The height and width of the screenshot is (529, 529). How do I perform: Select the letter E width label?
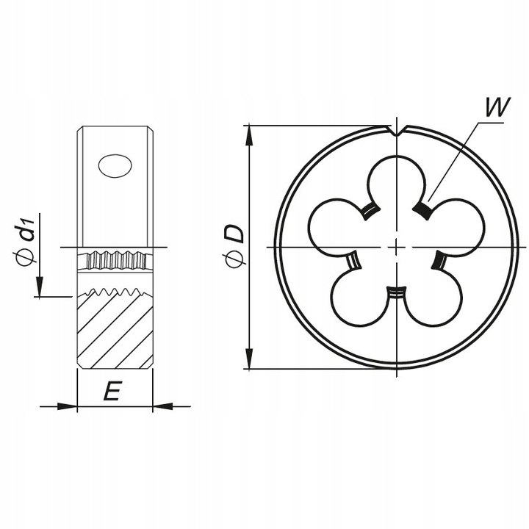click(111, 392)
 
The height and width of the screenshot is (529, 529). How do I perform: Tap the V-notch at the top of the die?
click(397, 133)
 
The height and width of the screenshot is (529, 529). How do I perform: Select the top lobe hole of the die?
click(396, 184)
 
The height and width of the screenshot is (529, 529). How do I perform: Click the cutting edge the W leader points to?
click(420, 211)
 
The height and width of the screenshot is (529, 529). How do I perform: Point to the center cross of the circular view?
click(397, 247)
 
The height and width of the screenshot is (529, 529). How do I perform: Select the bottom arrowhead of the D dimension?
click(250, 363)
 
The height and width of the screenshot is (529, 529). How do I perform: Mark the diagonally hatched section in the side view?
click(114, 331)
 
